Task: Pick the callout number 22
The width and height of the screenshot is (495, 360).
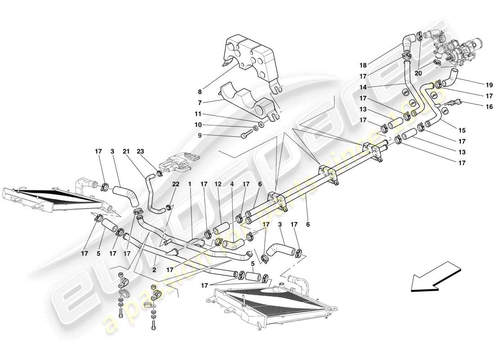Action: [175, 184]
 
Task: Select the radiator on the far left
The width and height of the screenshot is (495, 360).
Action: [49, 200]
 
